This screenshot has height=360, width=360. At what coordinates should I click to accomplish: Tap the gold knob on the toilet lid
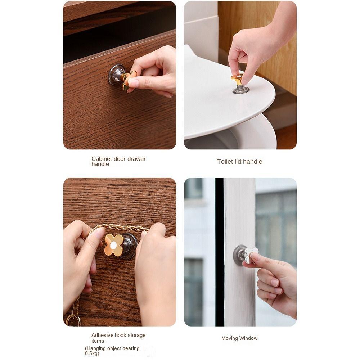(238, 80)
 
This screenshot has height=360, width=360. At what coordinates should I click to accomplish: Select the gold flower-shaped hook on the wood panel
(113, 245)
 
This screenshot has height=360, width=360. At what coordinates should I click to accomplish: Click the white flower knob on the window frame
(251, 253)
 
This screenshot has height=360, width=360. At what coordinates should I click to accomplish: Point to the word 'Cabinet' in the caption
(102, 159)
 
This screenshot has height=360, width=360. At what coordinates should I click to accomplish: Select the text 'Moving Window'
(239, 338)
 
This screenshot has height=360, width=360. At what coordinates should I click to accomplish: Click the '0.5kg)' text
(92, 354)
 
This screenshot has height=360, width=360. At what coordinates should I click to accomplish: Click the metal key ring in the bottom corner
(73, 319)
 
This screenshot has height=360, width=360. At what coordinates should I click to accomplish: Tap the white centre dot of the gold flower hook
(113, 245)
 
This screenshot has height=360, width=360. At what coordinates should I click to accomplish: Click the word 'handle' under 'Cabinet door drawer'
(100, 164)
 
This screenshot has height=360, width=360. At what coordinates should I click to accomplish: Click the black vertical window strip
(219, 252)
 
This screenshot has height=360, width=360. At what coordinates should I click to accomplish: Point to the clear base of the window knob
(239, 255)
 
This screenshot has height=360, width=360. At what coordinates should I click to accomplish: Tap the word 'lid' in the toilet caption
(238, 162)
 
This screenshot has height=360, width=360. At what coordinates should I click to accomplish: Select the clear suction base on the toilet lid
(241, 90)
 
